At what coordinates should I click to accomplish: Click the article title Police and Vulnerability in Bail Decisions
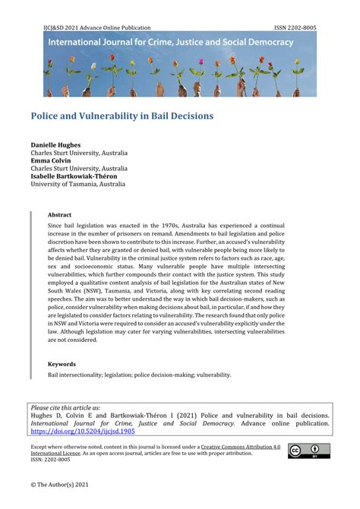click(122, 117)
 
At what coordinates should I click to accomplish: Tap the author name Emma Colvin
click(52, 160)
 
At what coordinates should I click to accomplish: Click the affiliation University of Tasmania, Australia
click(77, 183)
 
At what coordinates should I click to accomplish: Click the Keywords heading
click(62, 364)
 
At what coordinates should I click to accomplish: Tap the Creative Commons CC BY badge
click(308, 451)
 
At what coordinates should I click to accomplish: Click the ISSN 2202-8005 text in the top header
click(294, 27)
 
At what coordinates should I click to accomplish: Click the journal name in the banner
click(170, 43)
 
